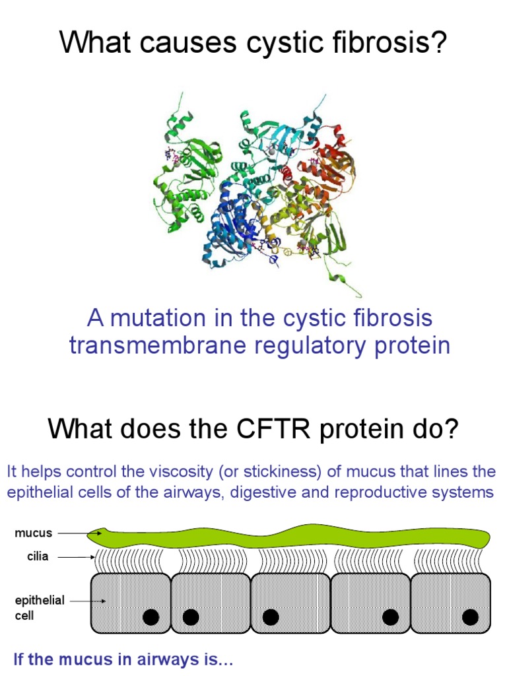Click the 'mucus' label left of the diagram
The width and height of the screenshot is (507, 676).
click(x=33, y=532)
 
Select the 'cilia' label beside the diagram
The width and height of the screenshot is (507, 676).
click(x=38, y=557)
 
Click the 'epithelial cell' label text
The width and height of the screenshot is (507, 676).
click(x=40, y=607)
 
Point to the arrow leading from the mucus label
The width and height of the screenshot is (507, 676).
click(x=79, y=532)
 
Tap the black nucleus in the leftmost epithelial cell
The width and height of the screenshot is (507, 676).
click(x=151, y=617)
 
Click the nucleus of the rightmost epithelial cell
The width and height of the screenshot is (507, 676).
click(x=470, y=617)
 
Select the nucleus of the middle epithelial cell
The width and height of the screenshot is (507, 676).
click(x=271, y=617)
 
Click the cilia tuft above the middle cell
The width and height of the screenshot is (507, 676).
click(x=289, y=560)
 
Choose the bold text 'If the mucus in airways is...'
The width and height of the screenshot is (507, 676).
click(x=123, y=659)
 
